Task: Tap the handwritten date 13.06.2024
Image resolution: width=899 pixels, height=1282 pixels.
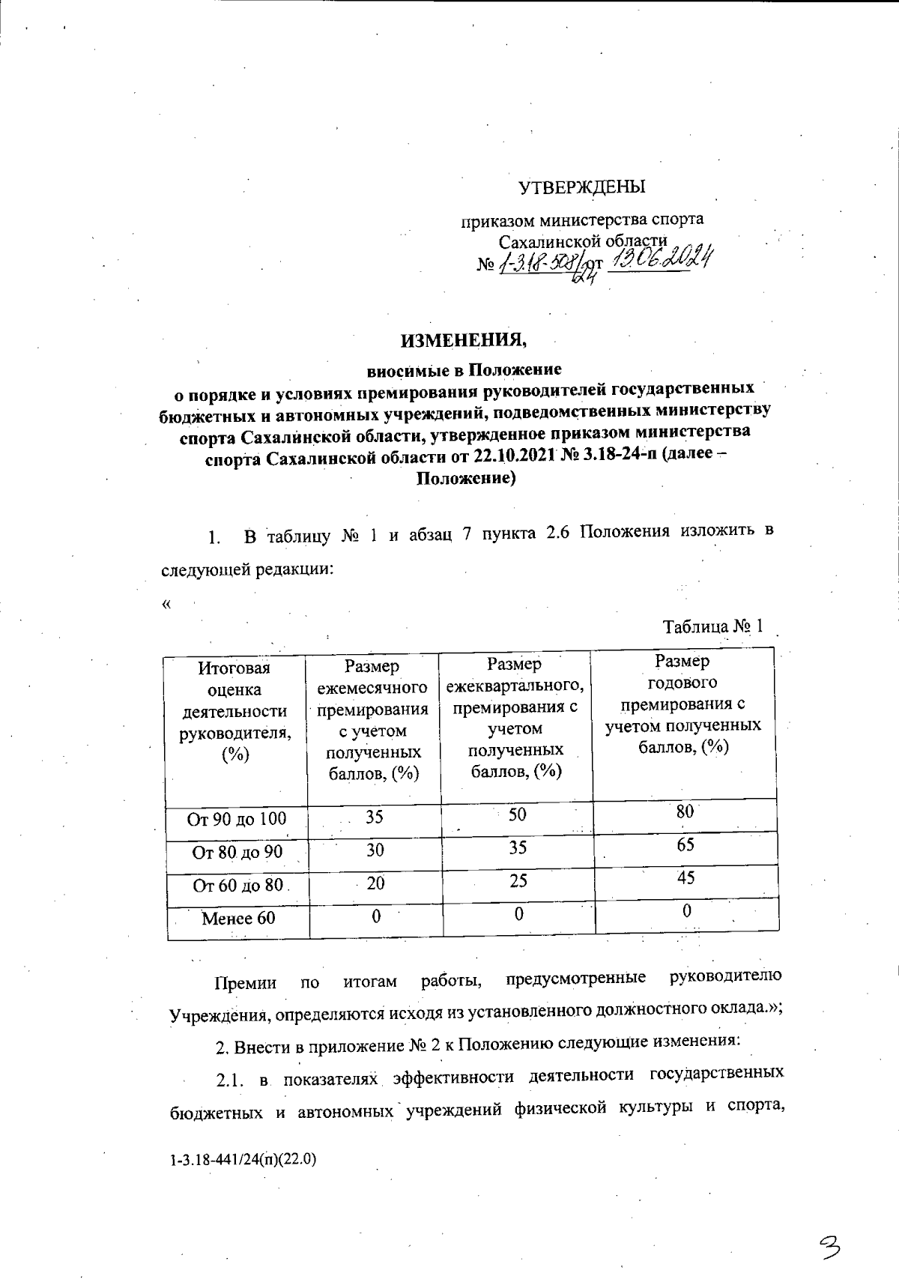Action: coord(660,261)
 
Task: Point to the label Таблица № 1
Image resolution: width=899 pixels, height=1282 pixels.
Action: coord(712,626)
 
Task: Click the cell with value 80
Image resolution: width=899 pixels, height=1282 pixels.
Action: coord(685,812)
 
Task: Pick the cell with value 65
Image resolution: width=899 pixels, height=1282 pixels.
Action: coord(685,845)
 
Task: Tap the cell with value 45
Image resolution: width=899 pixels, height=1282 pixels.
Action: coord(685,877)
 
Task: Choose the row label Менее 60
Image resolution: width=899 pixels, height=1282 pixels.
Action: coord(238,918)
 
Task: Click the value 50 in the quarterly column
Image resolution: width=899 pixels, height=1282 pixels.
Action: coord(517,814)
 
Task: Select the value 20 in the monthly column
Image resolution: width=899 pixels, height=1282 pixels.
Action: coord(375,883)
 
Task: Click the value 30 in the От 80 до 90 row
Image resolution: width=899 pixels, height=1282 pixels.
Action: coord(375,850)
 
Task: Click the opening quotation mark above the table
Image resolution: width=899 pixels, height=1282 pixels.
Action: coord(166,605)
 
